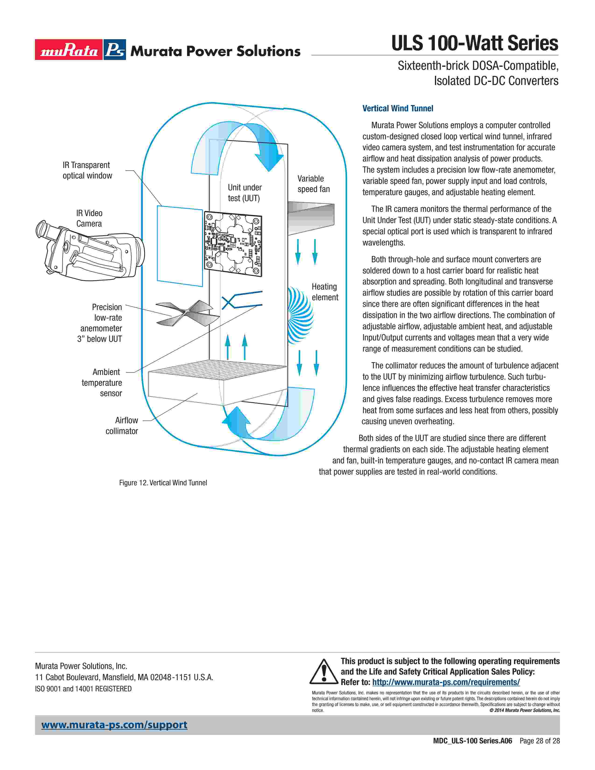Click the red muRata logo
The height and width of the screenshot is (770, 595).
click(x=69, y=50)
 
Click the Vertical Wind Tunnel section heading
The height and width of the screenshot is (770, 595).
click(x=398, y=108)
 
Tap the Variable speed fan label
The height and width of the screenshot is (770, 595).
click(x=313, y=184)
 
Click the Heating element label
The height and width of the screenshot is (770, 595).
click(x=325, y=292)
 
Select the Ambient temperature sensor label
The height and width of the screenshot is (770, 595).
click(x=102, y=382)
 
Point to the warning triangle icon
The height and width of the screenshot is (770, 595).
click(x=324, y=671)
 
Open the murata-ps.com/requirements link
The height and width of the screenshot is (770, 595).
click(x=446, y=682)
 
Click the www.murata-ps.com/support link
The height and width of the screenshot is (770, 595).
click(x=114, y=725)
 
